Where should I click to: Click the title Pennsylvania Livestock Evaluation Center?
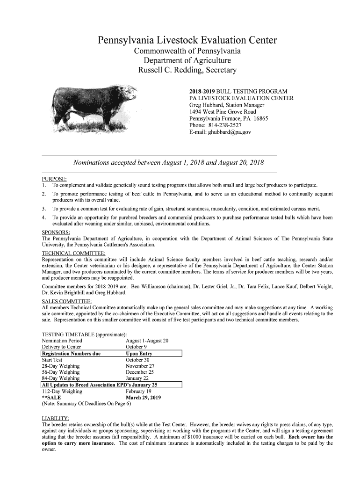point(187,41)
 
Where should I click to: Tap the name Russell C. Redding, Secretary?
point(187,71)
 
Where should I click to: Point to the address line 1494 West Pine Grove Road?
point(222,112)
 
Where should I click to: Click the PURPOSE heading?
point(54,178)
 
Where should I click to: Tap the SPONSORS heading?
point(56,232)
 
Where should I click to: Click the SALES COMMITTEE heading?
point(67,300)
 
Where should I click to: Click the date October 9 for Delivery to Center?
point(136,347)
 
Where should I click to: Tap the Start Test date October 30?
point(137,360)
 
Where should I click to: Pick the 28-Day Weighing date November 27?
point(140,366)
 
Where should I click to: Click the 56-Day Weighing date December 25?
point(140,372)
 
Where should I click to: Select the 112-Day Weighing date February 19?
point(139,391)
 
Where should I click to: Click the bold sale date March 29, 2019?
point(144,398)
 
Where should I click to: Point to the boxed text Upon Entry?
point(139,354)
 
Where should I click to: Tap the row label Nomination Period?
point(62,341)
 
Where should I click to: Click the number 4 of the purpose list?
point(43,218)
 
